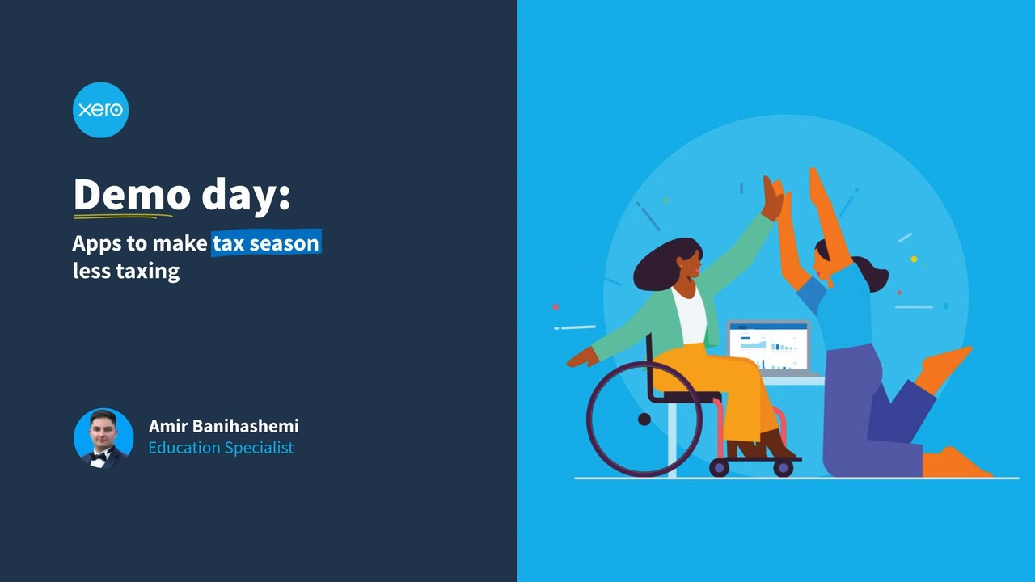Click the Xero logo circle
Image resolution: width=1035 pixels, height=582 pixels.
(101, 110)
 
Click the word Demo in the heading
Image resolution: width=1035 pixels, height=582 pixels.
(132, 195)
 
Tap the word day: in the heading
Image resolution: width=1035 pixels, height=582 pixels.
(246, 196)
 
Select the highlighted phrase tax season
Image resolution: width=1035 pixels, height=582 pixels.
(266, 243)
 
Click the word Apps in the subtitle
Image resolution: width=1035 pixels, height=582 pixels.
(97, 244)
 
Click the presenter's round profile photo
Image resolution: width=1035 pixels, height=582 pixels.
(103, 438)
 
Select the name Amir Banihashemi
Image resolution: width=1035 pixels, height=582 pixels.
(224, 426)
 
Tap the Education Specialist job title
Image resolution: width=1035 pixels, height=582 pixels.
(221, 448)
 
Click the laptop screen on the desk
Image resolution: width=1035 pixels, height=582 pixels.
(769, 347)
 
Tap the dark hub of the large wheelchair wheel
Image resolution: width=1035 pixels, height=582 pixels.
(644, 420)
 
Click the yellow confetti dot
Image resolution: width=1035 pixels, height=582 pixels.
(914, 259)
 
